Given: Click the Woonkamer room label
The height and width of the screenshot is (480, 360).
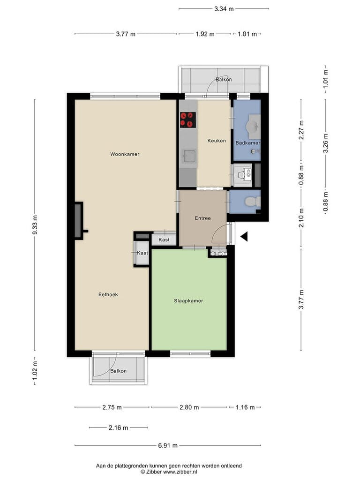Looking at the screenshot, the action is (x=125, y=154).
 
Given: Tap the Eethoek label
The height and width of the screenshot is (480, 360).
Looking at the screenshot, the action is (x=108, y=294).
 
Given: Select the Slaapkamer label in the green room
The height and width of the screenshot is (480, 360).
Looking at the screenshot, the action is (x=188, y=301).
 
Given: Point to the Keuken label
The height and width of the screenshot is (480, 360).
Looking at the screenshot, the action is (x=217, y=141).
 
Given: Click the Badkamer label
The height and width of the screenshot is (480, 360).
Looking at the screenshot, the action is (x=247, y=143).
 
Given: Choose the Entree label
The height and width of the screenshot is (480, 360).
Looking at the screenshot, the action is (x=202, y=218).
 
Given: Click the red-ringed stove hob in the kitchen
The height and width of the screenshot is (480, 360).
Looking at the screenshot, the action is (x=188, y=120).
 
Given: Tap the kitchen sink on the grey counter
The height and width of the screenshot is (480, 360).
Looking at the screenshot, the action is (x=188, y=157).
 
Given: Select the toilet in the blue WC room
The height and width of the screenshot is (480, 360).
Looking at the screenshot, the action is (x=253, y=202).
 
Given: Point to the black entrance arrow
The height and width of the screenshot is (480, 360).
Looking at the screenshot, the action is (x=244, y=237).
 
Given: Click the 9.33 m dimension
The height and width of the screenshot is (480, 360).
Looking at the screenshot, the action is (x=35, y=225).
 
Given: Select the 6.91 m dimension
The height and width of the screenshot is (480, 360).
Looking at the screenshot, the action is (x=168, y=445).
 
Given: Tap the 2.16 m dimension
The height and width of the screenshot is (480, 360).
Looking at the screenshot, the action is (x=118, y=427).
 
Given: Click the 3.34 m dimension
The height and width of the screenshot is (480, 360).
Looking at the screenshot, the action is (x=224, y=9).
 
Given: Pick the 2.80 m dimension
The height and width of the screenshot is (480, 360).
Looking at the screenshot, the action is (x=189, y=407).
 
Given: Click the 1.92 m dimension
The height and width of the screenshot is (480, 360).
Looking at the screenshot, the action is (x=205, y=34).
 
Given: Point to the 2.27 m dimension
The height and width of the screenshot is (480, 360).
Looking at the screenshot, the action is (x=301, y=130).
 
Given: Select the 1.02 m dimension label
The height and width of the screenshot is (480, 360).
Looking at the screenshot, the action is (x=35, y=371).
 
